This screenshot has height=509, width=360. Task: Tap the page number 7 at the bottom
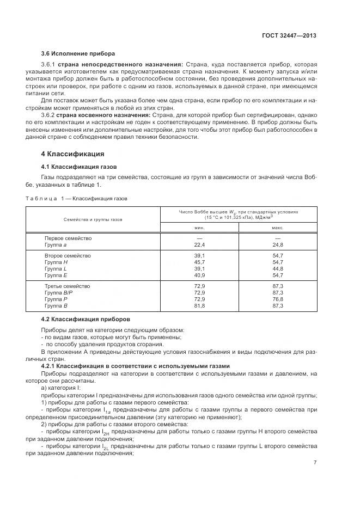coord(315,462)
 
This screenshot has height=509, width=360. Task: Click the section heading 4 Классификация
coord(73,154)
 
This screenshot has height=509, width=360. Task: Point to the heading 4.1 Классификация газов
coord(79,166)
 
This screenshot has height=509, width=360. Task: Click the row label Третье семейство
coord(68,286)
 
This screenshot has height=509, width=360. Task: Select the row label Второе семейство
coord(68,255)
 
